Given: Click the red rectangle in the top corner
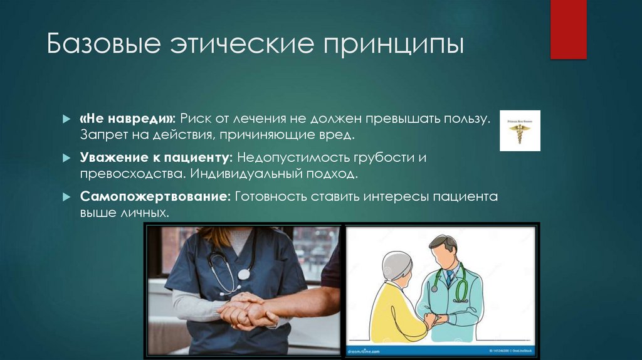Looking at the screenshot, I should (x=568, y=29).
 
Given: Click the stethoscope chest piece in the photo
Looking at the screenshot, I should (x=243, y=274).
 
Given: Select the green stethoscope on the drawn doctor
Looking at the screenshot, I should (x=461, y=285).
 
